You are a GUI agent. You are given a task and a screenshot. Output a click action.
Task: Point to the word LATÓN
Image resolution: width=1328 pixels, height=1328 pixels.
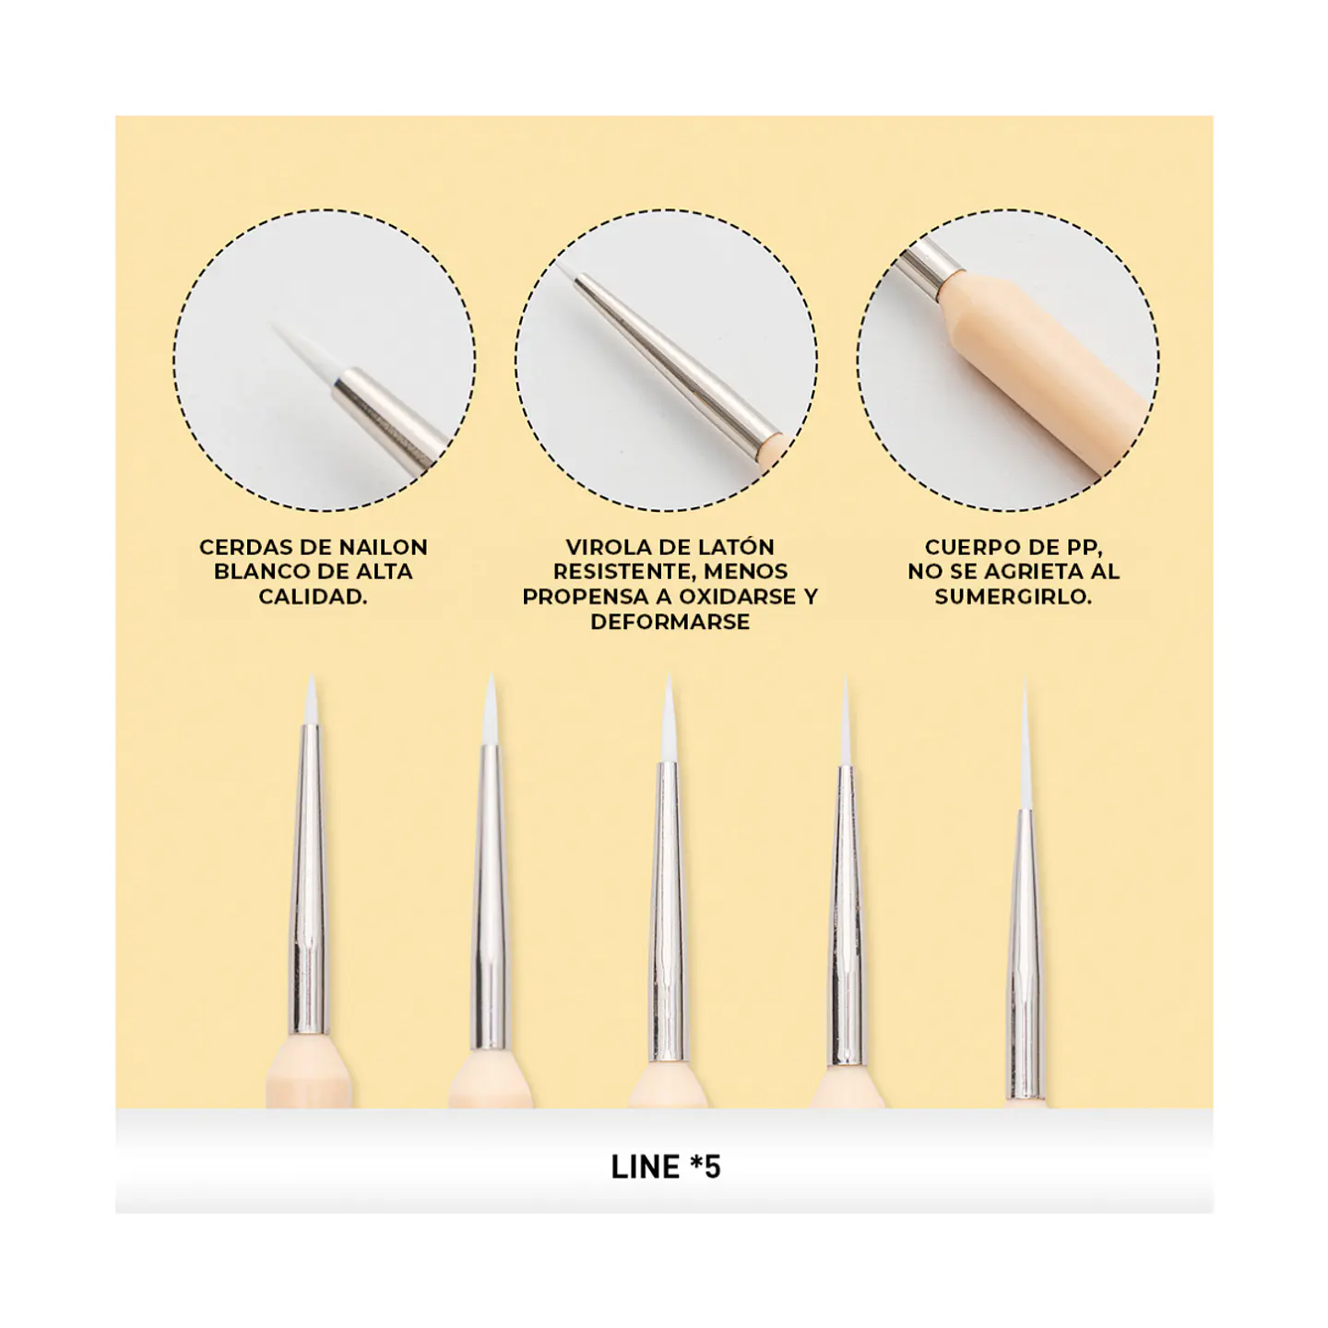(738, 547)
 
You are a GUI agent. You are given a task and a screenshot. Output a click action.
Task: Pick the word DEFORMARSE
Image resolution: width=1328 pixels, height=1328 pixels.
(670, 622)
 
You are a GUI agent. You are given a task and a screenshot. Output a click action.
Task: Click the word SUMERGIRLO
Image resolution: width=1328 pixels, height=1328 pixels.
(1013, 597)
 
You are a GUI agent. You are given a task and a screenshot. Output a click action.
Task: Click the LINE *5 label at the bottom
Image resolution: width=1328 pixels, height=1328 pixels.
(666, 1168)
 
